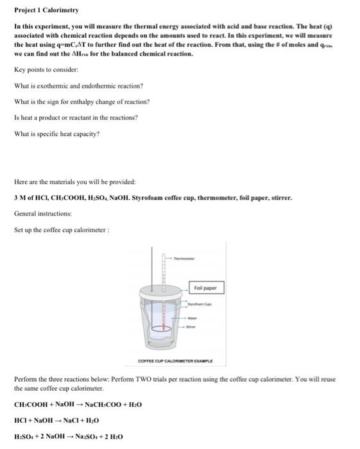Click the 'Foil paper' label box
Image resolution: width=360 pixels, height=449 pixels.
click(x=205, y=288)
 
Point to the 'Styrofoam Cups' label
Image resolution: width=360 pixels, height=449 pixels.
click(x=200, y=306)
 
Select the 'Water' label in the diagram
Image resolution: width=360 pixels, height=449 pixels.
click(x=193, y=317)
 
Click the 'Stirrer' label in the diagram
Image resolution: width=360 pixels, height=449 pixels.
click(x=191, y=327)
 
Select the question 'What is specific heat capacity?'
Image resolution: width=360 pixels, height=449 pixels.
click(x=56, y=134)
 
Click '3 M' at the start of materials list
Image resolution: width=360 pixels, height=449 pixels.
click(x=19, y=198)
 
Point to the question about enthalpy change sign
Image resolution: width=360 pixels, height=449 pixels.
click(x=81, y=101)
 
